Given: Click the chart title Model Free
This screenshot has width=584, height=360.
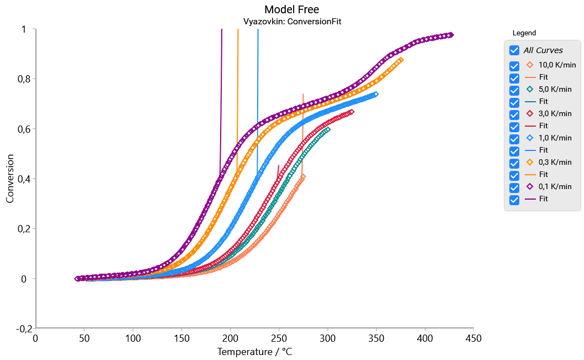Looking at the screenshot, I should pyautogui.click(x=291, y=9).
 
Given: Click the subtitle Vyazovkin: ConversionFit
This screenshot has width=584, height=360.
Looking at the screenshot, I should pyautogui.click(x=291, y=22).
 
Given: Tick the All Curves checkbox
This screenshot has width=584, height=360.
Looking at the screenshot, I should pyautogui.click(x=514, y=50).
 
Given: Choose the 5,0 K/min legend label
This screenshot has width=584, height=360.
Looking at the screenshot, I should pyautogui.click(x=555, y=89).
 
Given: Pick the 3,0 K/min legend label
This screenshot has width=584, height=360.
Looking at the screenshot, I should pyautogui.click(x=555, y=113).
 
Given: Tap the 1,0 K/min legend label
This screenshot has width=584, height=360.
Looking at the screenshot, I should pyautogui.click(x=555, y=138).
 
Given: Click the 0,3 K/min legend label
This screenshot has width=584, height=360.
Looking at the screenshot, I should pyautogui.click(x=555, y=162).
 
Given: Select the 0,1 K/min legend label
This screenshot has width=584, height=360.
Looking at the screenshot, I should pyautogui.click(x=555, y=186).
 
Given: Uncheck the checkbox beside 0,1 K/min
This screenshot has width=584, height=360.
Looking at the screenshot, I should pyautogui.click(x=514, y=187).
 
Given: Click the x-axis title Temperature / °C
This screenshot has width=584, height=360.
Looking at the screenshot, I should pyautogui.click(x=254, y=352).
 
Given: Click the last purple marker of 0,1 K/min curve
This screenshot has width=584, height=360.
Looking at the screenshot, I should pyautogui.click(x=451, y=35).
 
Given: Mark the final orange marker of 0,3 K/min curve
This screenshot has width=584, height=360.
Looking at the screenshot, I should pyautogui.click(x=400, y=60).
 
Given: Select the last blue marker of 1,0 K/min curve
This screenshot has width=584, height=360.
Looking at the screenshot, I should pyautogui.click(x=376, y=95).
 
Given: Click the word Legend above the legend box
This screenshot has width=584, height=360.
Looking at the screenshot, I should pyautogui.click(x=524, y=33).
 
